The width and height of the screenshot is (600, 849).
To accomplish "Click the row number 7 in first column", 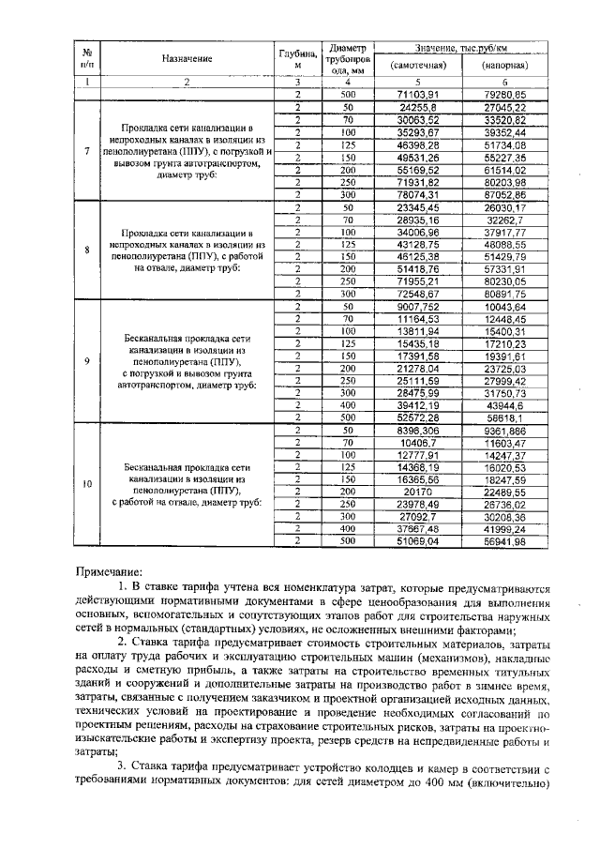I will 86,150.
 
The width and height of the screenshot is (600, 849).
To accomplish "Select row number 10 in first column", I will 86,484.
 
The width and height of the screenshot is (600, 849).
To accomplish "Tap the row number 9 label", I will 86,360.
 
